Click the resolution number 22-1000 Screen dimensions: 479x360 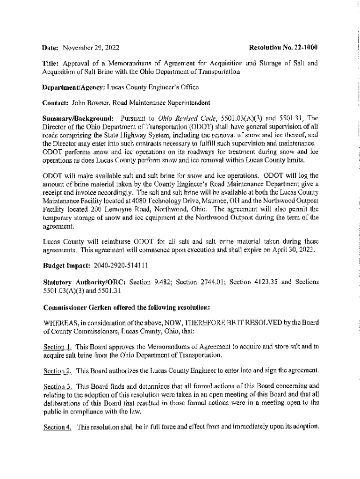[x=305, y=48]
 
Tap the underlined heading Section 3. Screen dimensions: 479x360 [x=58, y=387]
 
